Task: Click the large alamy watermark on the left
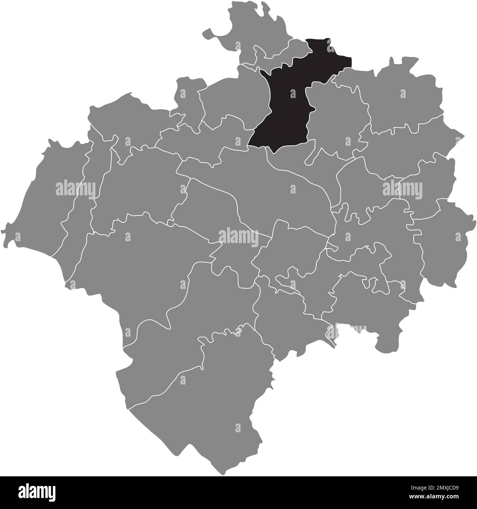(x=75, y=189)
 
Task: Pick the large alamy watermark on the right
(x=402, y=189)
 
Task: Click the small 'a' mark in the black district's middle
(x=293, y=94)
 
